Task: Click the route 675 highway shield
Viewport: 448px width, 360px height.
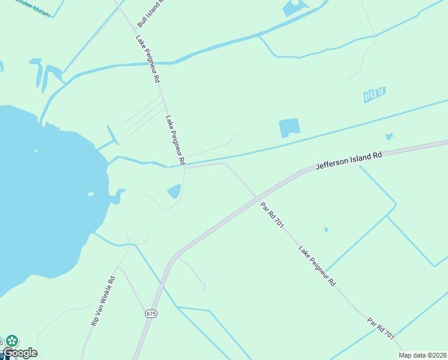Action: point(150,314)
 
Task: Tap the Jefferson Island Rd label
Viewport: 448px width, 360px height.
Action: point(349,160)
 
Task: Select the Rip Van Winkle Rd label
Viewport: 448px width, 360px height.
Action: point(102,301)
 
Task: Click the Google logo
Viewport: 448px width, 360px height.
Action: point(20,353)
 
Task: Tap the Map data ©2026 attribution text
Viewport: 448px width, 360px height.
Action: point(423,355)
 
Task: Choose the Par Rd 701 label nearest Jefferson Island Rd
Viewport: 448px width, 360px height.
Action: point(272,215)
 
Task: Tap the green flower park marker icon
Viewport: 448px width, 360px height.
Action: point(12,340)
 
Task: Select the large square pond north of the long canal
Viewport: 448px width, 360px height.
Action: point(289,128)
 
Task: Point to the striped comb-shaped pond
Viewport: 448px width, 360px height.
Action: point(374,94)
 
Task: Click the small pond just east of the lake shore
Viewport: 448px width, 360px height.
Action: point(174,191)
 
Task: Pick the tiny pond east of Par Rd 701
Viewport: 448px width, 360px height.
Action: point(326,229)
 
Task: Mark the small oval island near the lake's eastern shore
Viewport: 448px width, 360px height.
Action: point(90,194)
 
